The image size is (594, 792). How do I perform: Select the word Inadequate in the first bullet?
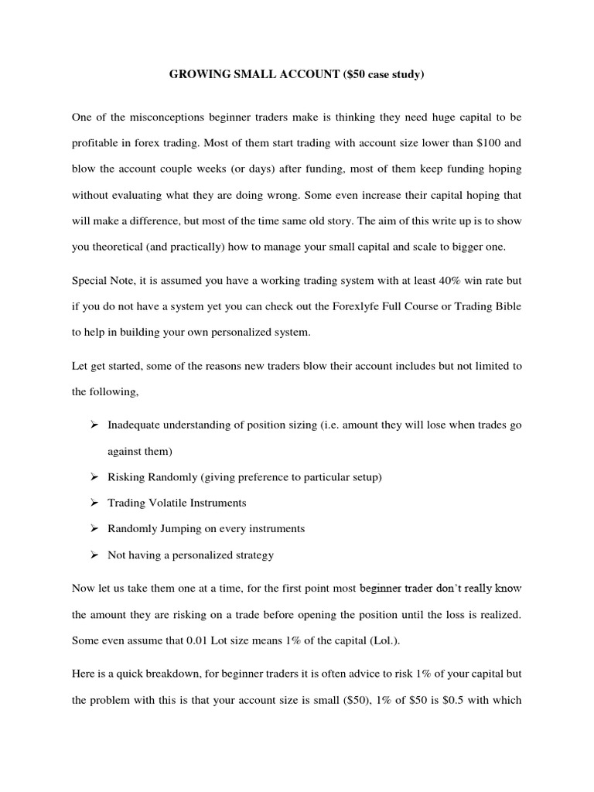click(x=135, y=425)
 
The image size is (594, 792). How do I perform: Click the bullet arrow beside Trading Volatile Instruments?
click(x=94, y=503)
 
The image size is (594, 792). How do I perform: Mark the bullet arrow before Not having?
click(x=94, y=555)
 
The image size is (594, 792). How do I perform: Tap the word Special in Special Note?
click(x=89, y=280)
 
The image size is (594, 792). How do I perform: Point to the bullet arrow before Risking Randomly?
click(x=94, y=477)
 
